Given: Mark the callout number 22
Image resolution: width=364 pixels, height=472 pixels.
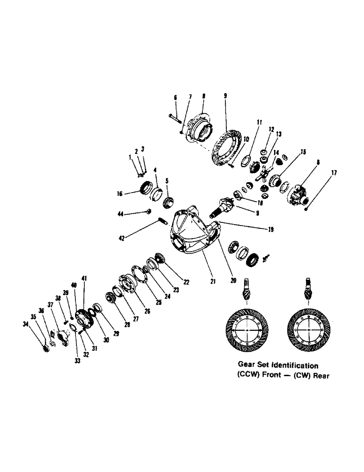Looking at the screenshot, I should coord(186,282).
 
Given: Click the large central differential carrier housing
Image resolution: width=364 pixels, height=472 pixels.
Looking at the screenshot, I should coord(191,231).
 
